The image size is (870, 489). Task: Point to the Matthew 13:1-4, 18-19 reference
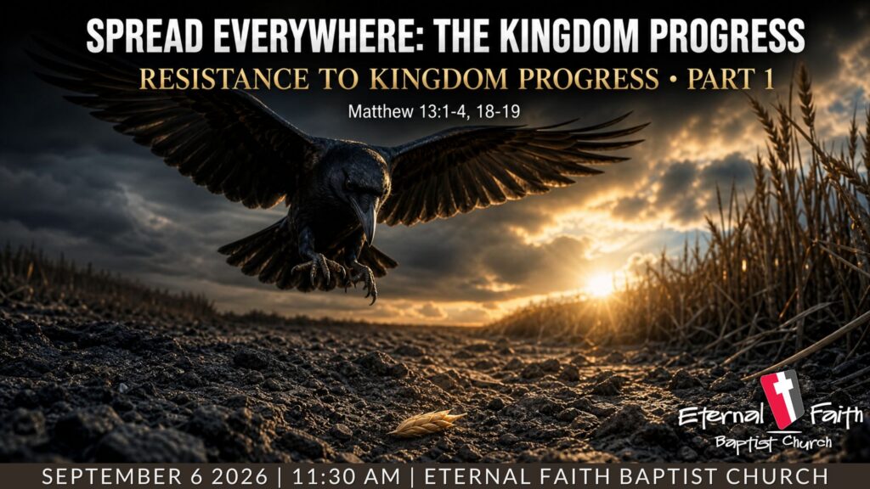pos(434,111)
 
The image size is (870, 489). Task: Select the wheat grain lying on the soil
pos(427,423)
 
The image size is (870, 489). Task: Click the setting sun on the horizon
pos(601,284)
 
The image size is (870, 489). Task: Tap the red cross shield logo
pos(782,399)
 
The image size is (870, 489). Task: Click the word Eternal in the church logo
pos(720,416)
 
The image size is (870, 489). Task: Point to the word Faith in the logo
pos(836,415)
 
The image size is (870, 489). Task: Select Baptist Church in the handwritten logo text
pos(773,442)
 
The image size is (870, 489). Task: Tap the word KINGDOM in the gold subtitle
pos(438,79)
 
